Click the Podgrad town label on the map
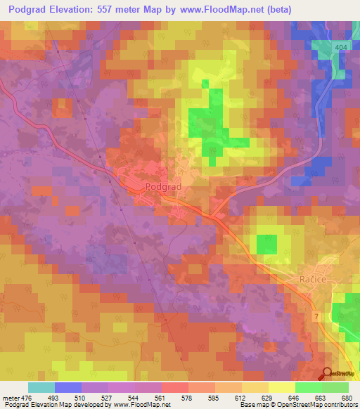point(163,187)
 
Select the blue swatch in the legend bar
point(67,387)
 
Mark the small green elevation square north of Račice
point(266,244)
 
